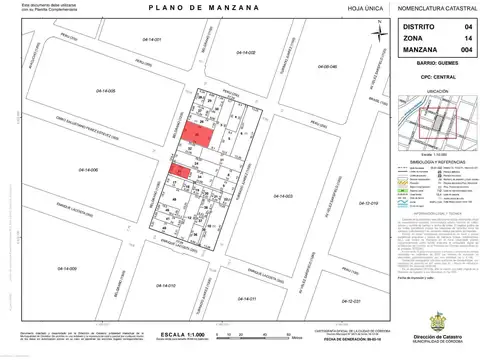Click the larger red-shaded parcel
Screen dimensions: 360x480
point(198,135)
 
